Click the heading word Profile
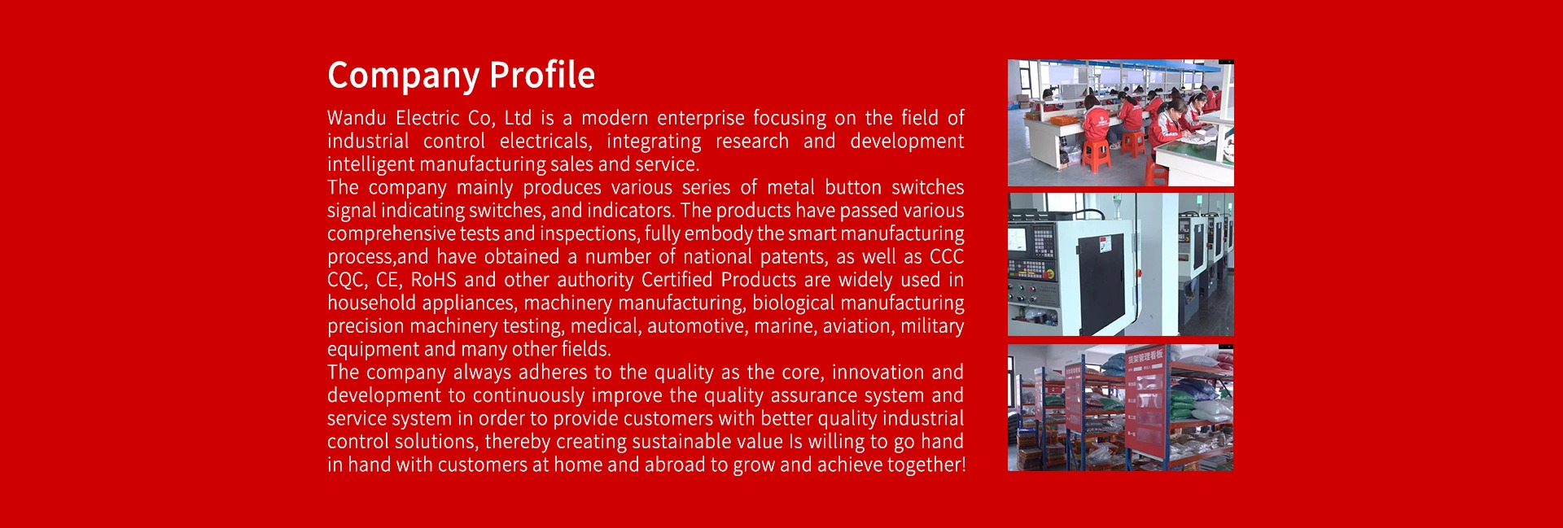[x=542, y=75]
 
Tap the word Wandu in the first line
[x=357, y=118]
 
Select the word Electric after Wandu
[x=427, y=118]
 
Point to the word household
[x=371, y=303]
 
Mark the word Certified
[x=677, y=280]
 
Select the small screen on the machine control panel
[x=1018, y=240]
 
